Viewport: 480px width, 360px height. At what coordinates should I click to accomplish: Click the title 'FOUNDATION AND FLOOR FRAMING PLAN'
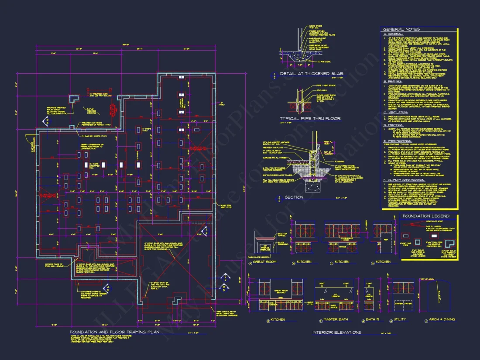pos(115,332)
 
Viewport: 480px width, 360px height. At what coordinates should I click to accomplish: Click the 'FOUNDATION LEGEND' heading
pos(426,216)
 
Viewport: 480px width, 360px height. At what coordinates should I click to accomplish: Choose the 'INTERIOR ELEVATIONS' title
pos(337,333)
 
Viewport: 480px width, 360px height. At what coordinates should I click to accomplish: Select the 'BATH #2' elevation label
pos(374,319)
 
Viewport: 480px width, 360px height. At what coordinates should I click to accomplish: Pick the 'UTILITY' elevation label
pos(403,319)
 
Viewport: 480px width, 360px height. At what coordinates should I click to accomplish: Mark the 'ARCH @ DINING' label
pos(442,319)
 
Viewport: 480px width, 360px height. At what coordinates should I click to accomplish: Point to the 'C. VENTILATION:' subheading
pos(397,113)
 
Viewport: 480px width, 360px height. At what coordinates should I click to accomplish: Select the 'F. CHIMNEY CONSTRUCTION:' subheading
pos(404,180)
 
